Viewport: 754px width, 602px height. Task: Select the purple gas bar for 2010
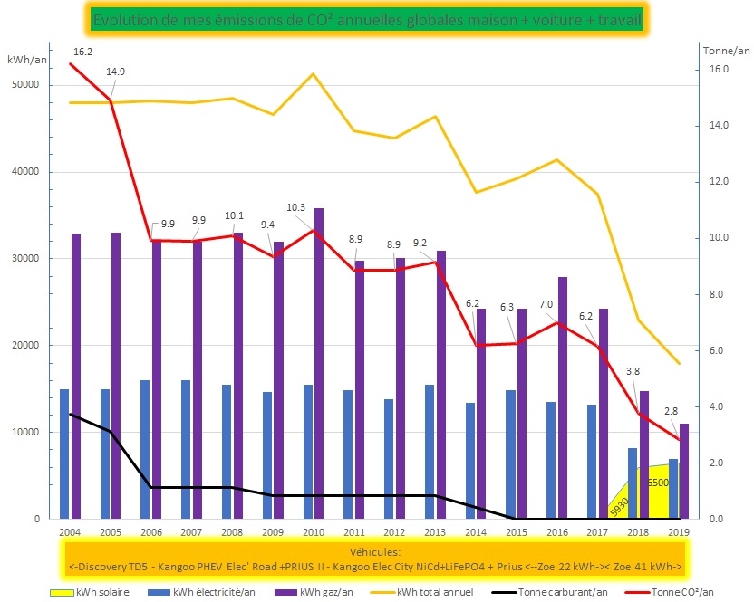[318, 362]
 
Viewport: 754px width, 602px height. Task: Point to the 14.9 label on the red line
[115, 72]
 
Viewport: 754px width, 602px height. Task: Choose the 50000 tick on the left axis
[24, 85]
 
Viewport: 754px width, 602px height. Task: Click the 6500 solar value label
[658, 483]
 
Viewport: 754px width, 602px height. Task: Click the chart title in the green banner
[366, 18]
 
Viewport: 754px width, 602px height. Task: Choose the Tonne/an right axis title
[721, 51]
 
